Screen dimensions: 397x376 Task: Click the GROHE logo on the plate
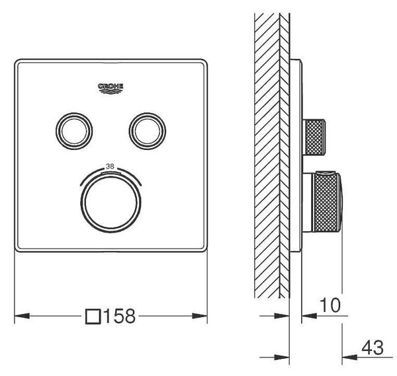pyautogui.click(x=110, y=89)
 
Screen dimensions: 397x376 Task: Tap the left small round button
pyautogui.click(x=74, y=131)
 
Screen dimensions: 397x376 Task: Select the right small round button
pyautogui.click(x=148, y=131)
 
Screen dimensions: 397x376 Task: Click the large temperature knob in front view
pyautogui.click(x=110, y=203)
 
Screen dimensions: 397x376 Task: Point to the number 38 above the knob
pyautogui.click(x=110, y=167)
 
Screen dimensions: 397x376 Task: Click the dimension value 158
pyautogui.click(x=120, y=316)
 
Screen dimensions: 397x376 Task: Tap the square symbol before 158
pyautogui.click(x=93, y=317)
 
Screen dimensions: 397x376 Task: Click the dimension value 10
pyautogui.click(x=330, y=305)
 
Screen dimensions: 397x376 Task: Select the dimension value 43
pyautogui.click(x=373, y=348)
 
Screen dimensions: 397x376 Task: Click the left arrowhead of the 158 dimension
pyautogui.click(x=22, y=316)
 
